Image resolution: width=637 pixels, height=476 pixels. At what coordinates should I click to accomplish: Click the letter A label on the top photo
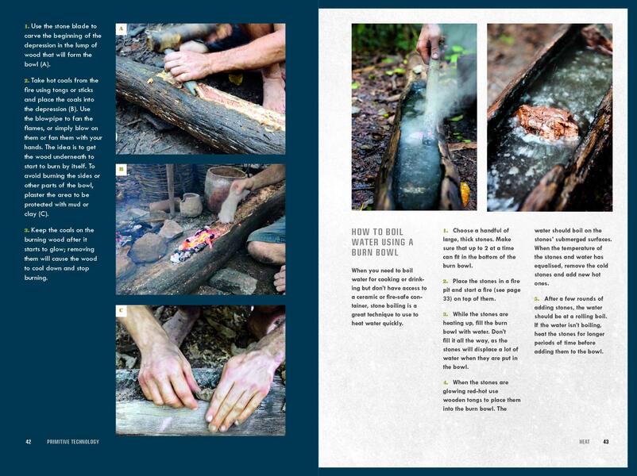121,29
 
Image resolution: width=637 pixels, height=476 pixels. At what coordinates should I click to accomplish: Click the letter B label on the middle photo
121,170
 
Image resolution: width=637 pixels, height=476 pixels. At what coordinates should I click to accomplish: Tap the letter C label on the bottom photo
121,311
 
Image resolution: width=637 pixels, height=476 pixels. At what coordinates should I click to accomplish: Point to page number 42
29,442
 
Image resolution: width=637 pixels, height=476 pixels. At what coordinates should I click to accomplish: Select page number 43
606,442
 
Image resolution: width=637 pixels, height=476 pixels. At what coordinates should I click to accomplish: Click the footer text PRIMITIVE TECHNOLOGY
73,442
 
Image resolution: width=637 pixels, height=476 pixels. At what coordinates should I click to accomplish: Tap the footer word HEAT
585,442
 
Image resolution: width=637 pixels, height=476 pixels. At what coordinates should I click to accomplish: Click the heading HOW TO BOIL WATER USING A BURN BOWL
382,242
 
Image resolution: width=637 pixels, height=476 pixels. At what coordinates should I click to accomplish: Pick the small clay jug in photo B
191,204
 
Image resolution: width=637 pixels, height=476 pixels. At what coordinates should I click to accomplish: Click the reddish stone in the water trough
547,121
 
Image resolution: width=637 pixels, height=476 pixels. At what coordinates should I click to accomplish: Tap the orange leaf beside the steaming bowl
465,194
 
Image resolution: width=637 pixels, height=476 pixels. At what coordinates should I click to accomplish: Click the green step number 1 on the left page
26,26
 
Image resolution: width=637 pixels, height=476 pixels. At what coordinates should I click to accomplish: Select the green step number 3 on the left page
27,230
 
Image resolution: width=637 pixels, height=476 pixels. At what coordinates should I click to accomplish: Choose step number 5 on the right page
537,298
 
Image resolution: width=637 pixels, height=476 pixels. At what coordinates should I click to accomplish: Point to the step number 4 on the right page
446,382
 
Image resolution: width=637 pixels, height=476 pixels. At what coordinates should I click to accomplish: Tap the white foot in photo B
232,202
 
